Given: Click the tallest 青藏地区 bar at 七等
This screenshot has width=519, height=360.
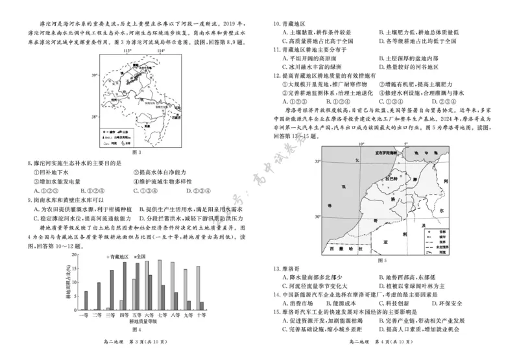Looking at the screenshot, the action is tap(160, 286).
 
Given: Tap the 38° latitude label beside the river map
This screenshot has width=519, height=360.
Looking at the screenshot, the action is tap(95, 117).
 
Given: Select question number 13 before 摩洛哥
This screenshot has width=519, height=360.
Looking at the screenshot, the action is tap(276, 268).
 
